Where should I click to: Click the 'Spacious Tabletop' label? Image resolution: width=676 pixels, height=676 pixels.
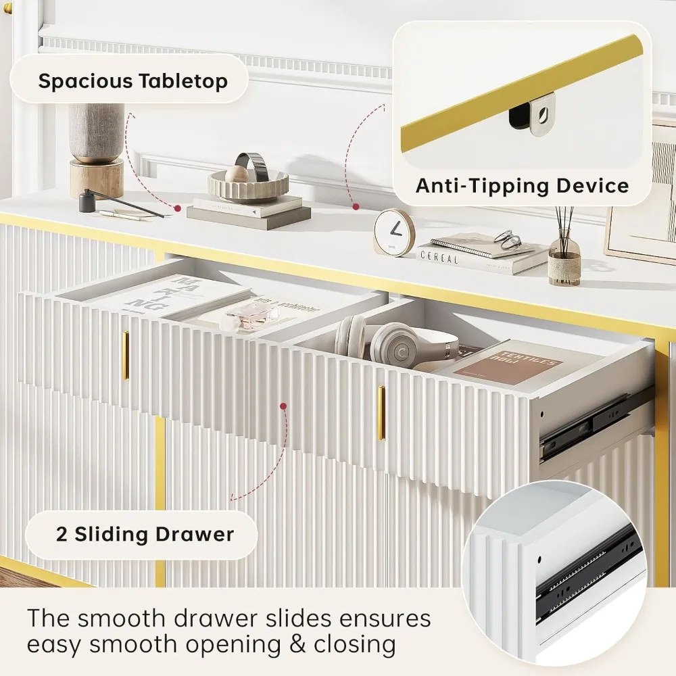click(x=132, y=81)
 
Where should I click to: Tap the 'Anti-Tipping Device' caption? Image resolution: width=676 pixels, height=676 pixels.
click(x=522, y=185)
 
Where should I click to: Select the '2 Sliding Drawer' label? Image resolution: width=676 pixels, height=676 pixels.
click(x=144, y=535)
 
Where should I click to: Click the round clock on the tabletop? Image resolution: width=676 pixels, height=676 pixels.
click(x=393, y=233)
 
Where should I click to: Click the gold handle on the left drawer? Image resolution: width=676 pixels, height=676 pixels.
click(x=125, y=354)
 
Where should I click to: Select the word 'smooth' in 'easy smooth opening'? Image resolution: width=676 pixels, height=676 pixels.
click(x=135, y=644)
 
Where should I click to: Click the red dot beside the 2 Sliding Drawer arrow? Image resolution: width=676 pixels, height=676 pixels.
click(x=283, y=406)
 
